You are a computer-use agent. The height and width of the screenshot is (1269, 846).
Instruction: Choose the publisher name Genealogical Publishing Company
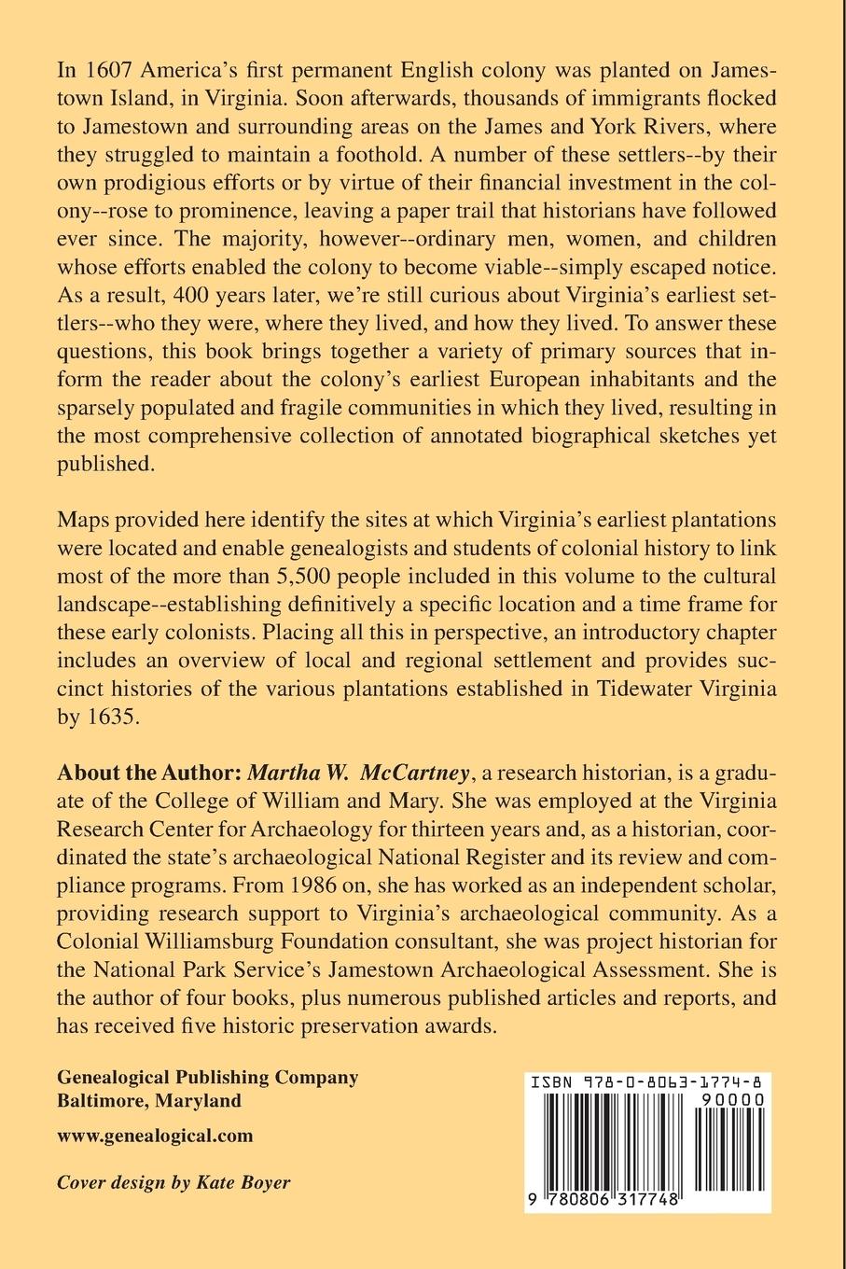tap(207, 1077)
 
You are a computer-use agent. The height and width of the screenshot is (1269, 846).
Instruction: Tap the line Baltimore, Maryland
tap(149, 1100)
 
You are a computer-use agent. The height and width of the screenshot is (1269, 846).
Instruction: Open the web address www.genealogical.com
tap(155, 1136)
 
